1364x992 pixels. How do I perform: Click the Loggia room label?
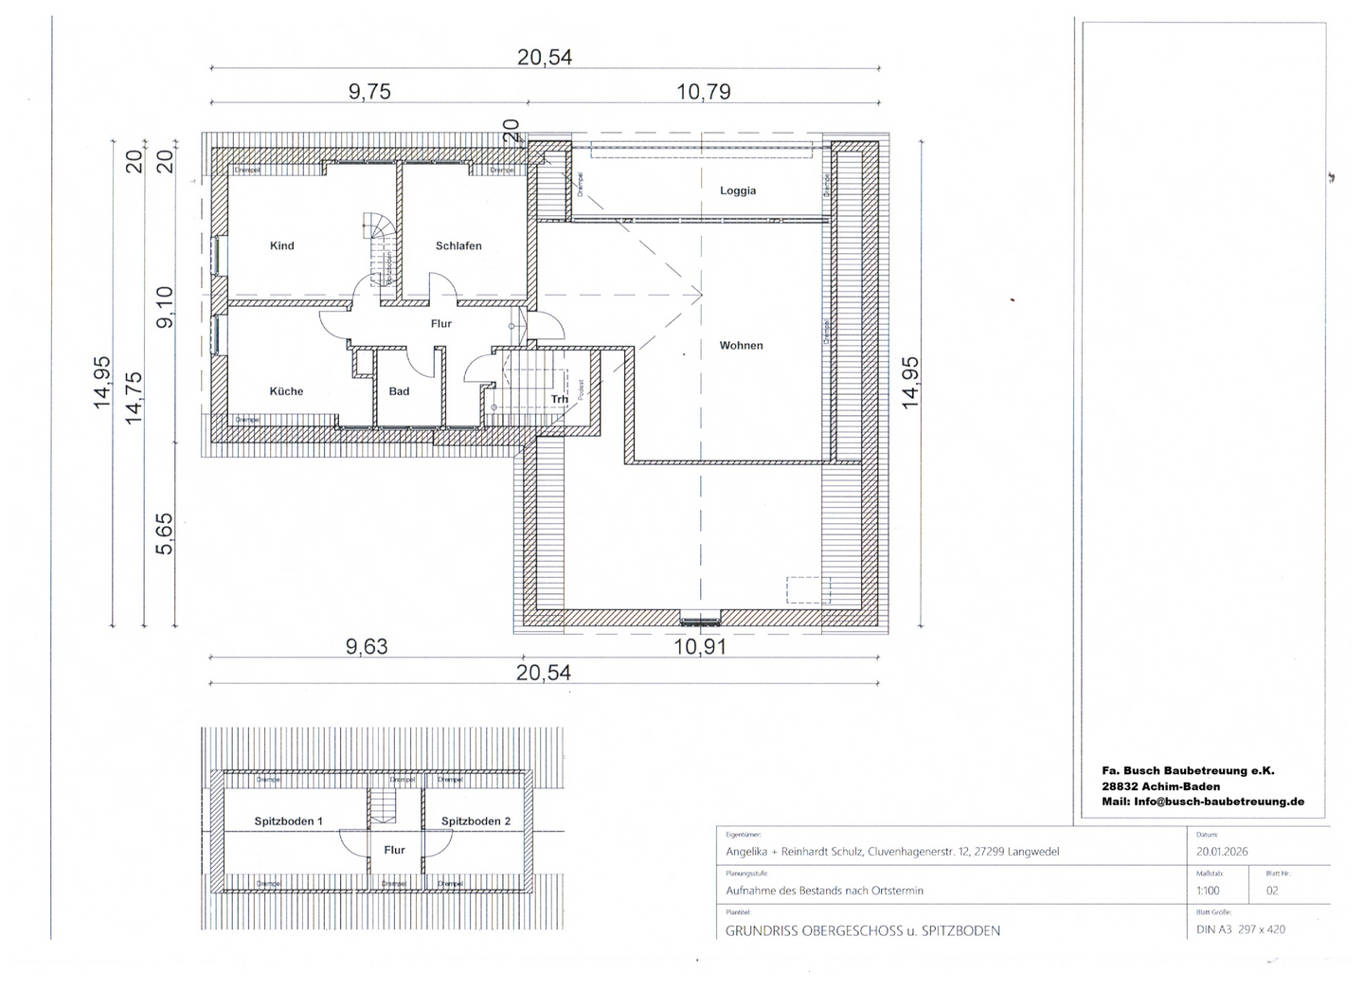pyautogui.click(x=738, y=190)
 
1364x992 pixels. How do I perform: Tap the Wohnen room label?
pyautogui.click(x=741, y=346)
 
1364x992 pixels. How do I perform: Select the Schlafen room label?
pyautogui.click(x=458, y=246)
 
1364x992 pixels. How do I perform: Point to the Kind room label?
pyautogui.click(x=281, y=246)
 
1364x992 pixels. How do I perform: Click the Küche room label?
pyautogui.click(x=286, y=391)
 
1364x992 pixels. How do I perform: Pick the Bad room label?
pyautogui.click(x=399, y=391)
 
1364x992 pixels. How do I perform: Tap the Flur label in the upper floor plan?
pyautogui.click(x=441, y=324)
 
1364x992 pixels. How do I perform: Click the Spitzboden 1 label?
pyautogui.click(x=289, y=821)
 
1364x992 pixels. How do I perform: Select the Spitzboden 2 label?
pyautogui.click(x=476, y=821)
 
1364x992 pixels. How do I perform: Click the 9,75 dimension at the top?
pyautogui.click(x=369, y=92)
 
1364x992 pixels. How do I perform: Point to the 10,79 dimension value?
pyautogui.click(x=704, y=92)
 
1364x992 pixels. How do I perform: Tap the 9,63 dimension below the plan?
pyautogui.click(x=367, y=647)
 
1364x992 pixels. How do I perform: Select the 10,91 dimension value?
pyautogui.click(x=700, y=647)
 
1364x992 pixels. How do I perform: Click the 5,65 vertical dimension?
pyautogui.click(x=164, y=533)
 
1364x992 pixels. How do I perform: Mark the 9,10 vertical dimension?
pyautogui.click(x=164, y=307)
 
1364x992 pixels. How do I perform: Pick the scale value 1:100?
pyautogui.click(x=1208, y=891)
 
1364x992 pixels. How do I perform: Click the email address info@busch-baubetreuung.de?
pyautogui.click(x=1219, y=802)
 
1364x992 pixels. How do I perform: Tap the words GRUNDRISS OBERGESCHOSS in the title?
pyautogui.click(x=814, y=930)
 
